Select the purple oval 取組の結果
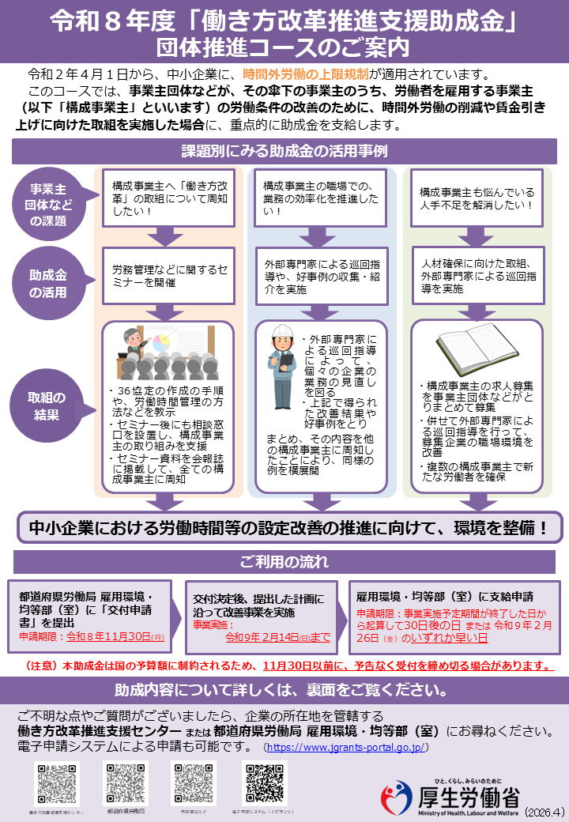click(x=47, y=405)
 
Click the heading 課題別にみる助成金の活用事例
click(x=284, y=150)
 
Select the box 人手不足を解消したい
click(x=477, y=198)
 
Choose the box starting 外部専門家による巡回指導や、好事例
click(x=320, y=276)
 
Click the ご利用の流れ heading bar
click(x=284, y=562)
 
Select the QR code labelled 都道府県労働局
click(x=126, y=784)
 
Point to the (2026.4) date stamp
click(x=544, y=812)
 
